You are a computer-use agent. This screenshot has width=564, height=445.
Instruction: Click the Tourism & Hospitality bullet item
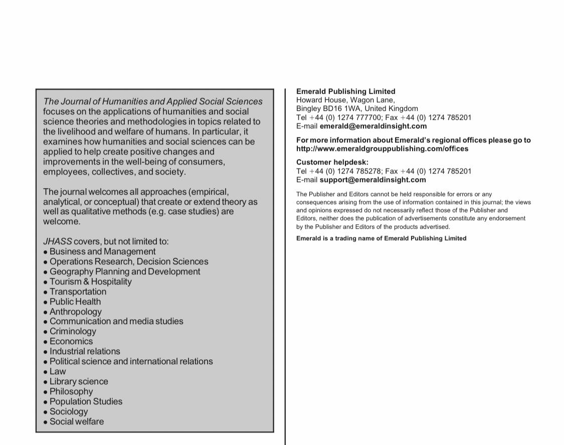[90, 281]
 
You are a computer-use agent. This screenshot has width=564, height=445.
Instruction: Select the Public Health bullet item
[75, 302]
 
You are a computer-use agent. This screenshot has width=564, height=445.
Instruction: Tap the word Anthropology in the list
[75, 312]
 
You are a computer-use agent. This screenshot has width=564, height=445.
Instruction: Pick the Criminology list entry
[73, 331]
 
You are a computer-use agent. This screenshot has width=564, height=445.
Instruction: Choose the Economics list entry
[71, 341]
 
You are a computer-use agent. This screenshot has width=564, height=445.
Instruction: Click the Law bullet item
[58, 371]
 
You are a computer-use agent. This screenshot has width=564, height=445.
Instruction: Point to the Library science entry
[79, 381]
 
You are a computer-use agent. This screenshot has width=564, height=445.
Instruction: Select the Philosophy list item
[71, 391]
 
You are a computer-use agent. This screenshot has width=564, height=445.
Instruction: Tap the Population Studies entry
[86, 401]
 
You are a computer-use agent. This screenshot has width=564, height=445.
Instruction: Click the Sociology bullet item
[69, 411]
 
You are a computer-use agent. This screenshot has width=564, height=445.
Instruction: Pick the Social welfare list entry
[77, 421]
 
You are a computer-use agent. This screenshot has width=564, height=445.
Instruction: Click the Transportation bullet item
[78, 291]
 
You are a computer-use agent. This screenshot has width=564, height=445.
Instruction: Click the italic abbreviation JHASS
[58, 241]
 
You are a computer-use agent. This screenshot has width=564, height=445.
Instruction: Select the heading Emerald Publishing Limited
[345, 91]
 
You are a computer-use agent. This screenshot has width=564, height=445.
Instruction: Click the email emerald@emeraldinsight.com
[373, 126]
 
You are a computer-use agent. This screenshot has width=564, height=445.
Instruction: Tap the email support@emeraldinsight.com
[372, 180]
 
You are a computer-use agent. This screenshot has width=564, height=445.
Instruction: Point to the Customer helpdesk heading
[332, 162]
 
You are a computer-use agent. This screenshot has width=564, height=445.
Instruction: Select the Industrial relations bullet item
[85, 351]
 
